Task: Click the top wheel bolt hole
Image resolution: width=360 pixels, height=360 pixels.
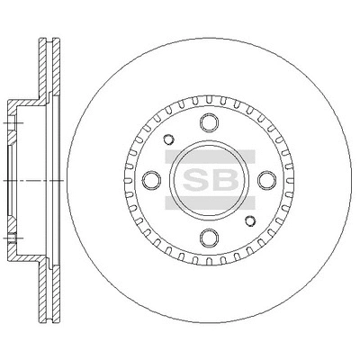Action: pyautogui.click(x=209, y=122)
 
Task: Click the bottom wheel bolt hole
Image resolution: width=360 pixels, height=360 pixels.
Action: pyautogui.click(x=209, y=238)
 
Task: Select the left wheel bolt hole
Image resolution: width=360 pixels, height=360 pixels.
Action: pyautogui.click(x=151, y=180)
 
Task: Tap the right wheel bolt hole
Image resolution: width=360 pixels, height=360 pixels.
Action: pyautogui.click(x=267, y=180)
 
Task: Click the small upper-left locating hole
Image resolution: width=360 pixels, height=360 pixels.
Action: pyautogui.click(x=168, y=139)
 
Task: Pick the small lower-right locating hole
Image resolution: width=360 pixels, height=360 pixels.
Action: pyautogui.click(x=250, y=220)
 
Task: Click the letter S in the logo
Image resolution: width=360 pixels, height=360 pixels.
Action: pyautogui.click(x=195, y=180)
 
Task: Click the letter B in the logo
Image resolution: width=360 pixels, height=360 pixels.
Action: pyautogui.click(x=224, y=180)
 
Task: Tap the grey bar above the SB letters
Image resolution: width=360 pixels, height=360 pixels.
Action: pyautogui.click(x=210, y=157)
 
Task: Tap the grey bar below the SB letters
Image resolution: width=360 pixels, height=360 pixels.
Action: pyautogui.click(x=210, y=203)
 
